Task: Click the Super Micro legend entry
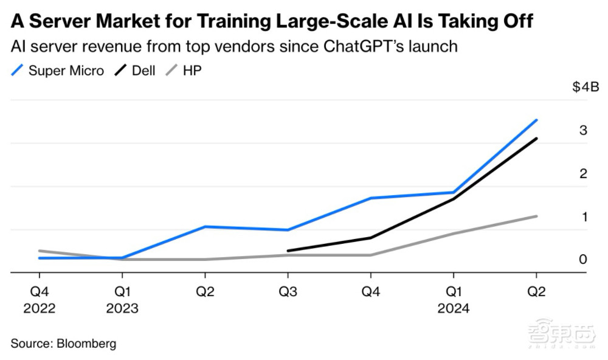click(x=58, y=70)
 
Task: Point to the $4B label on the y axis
click(x=585, y=88)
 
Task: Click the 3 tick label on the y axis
click(x=582, y=130)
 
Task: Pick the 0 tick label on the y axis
click(x=582, y=260)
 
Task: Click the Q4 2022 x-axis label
click(x=40, y=300)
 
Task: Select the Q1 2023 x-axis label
click(x=122, y=300)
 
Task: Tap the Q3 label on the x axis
click(x=288, y=291)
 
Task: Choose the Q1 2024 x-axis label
click(x=453, y=300)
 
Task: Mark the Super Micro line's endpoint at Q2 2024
click(x=536, y=120)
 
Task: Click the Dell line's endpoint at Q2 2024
click(x=536, y=139)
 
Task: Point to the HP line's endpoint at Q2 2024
click(x=536, y=216)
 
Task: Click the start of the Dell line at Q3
click(x=288, y=251)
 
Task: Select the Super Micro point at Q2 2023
click(x=206, y=227)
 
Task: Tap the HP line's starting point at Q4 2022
click(x=40, y=251)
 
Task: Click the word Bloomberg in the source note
click(x=86, y=344)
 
